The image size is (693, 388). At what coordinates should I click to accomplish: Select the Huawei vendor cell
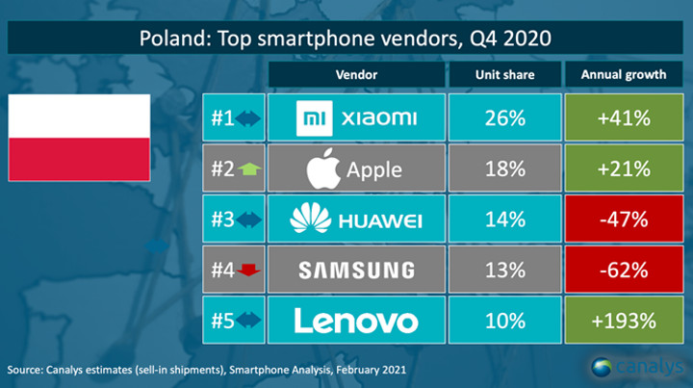click(356, 220)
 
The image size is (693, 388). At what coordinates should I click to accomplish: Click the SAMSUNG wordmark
click(356, 271)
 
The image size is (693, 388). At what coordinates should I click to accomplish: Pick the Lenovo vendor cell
click(356, 321)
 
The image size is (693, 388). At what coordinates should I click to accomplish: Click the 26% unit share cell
click(505, 118)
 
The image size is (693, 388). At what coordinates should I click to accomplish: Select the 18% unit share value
click(505, 169)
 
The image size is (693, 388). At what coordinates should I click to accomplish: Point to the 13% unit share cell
click(505, 271)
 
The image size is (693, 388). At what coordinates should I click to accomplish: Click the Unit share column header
click(505, 73)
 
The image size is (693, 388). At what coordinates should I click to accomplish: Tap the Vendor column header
click(356, 73)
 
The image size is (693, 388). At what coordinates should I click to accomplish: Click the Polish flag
click(79, 137)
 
